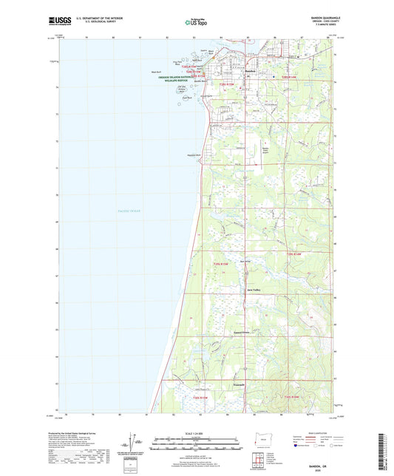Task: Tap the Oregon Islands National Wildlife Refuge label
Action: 182,80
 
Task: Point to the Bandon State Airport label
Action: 265,149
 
